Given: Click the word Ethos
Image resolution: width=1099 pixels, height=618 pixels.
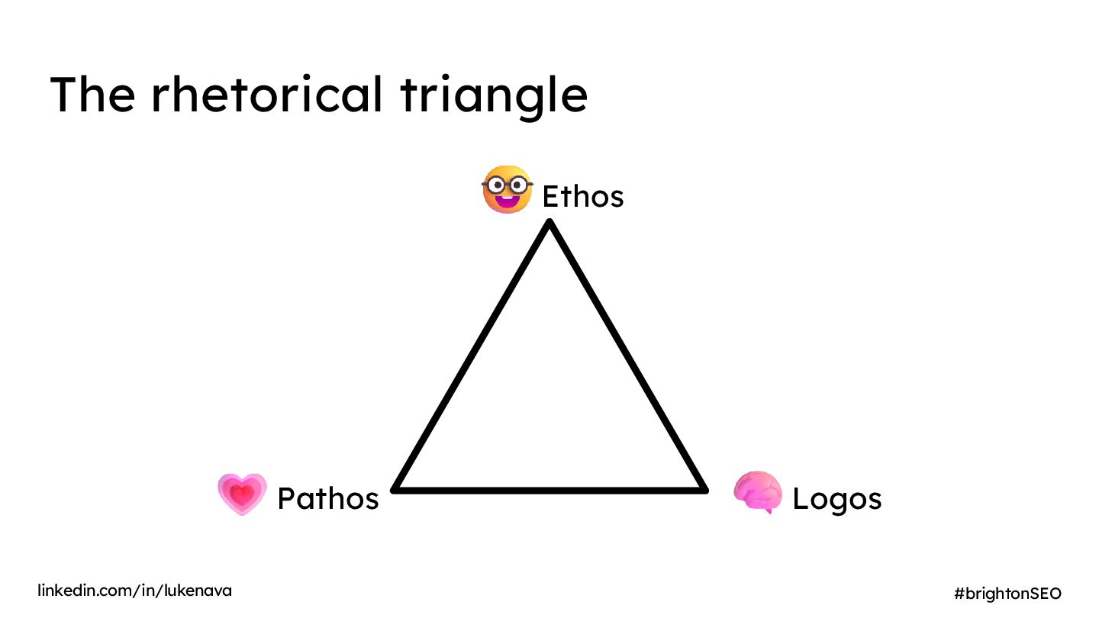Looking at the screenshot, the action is [582, 197].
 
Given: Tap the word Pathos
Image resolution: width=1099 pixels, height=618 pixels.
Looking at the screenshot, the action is [327, 498].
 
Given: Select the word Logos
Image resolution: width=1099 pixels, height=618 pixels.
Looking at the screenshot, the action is [836, 498].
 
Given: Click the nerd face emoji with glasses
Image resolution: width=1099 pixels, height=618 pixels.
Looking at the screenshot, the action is [507, 189].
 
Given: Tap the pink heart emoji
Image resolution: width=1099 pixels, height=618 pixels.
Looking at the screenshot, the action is [242, 494].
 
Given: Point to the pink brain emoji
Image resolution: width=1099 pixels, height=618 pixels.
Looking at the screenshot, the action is [758, 492].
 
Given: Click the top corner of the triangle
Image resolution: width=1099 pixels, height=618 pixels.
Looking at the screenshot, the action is [549, 224].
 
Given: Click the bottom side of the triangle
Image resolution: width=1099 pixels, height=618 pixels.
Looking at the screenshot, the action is [549, 489].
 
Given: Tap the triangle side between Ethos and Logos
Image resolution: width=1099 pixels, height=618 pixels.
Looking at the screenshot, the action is [626, 356].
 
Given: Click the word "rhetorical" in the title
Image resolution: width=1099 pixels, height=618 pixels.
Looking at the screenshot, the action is [266, 95].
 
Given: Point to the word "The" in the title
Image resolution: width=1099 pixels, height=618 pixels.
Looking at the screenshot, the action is [92, 95].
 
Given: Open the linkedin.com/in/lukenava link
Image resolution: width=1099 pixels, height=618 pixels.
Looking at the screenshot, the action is [135, 591].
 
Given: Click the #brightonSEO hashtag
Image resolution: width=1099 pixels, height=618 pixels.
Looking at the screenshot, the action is [1007, 593].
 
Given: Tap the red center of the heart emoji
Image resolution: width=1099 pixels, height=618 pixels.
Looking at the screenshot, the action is [242, 494].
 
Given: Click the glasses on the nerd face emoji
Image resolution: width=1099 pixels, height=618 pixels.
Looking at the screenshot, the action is [507, 185].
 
